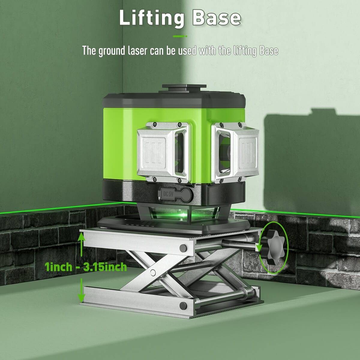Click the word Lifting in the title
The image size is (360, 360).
[x=151, y=18]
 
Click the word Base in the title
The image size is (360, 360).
[x=216, y=18]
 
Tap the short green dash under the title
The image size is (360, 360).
[x=180, y=36]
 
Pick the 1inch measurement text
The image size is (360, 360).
[x=58, y=266]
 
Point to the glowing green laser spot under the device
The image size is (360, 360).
[x=182, y=215]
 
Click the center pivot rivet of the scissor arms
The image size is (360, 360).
[x=153, y=272]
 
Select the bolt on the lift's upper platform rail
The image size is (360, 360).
[x=183, y=248]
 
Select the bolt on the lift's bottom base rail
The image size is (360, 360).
[x=183, y=305]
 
